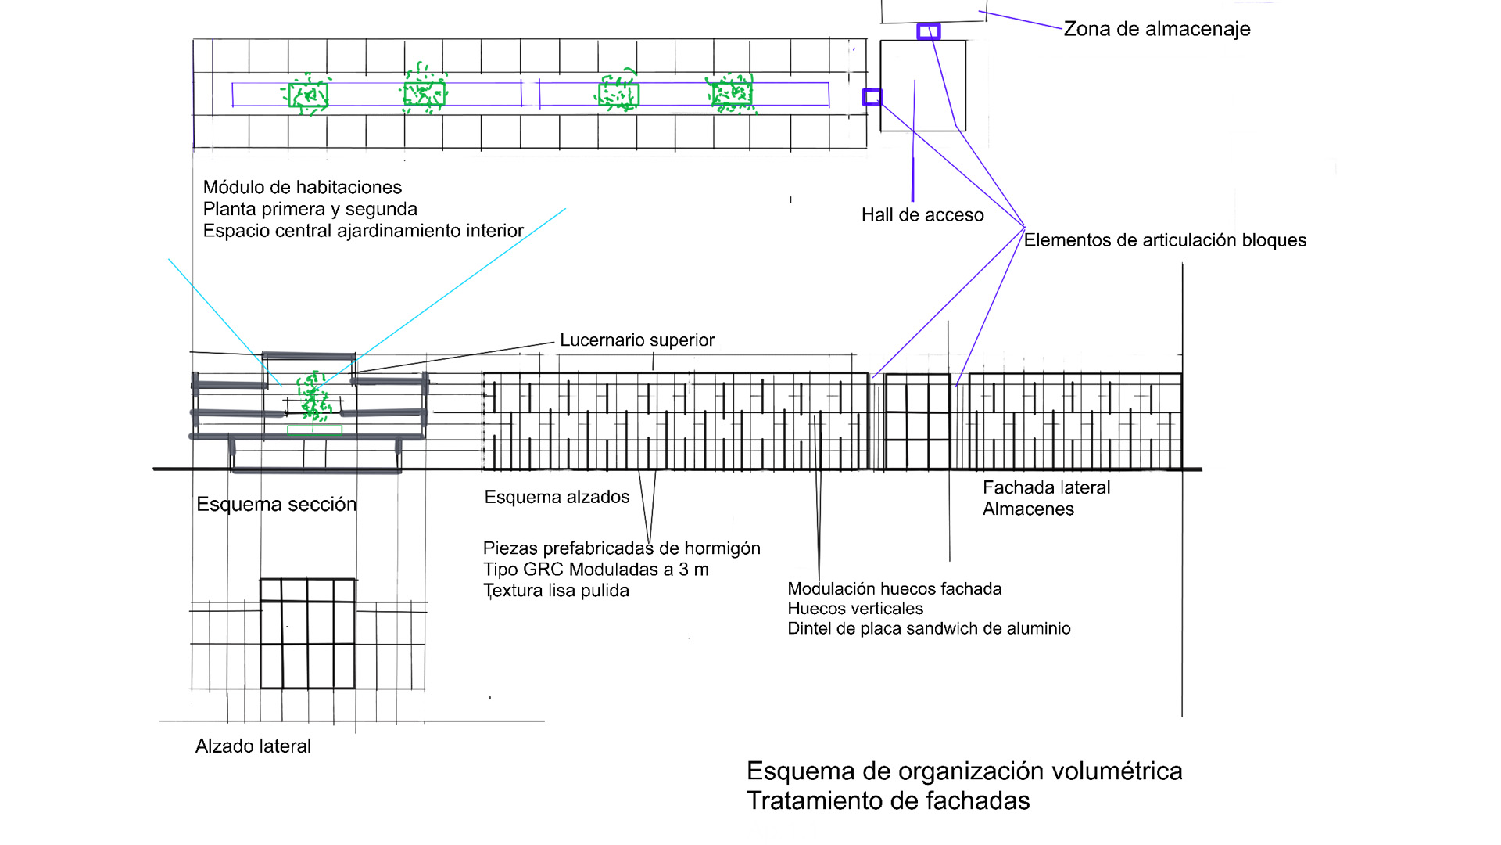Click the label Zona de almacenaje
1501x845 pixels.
[x=1156, y=29]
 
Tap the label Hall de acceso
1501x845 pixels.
[x=922, y=215]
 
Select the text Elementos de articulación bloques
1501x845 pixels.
[x=1165, y=240]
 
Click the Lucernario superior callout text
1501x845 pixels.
[x=636, y=340]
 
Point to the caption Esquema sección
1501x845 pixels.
[x=276, y=505]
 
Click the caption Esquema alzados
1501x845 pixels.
[x=557, y=498]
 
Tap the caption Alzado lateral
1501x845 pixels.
[x=253, y=746]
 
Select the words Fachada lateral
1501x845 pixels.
[x=1046, y=487]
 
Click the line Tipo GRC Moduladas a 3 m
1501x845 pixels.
[x=596, y=570]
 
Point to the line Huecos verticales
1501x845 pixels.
[x=855, y=609]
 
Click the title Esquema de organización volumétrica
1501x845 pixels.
[x=964, y=771]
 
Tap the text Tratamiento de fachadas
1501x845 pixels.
[x=888, y=801]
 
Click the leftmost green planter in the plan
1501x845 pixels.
[x=308, y=95]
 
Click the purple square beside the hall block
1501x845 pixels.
[x=872, y=97]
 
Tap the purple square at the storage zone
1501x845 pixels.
[x=928, y=31]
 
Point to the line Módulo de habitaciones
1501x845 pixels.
[x=303, y=188]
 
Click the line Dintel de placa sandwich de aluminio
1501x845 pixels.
[x=929, y=629]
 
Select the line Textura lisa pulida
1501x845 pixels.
[x=556, y=591]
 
